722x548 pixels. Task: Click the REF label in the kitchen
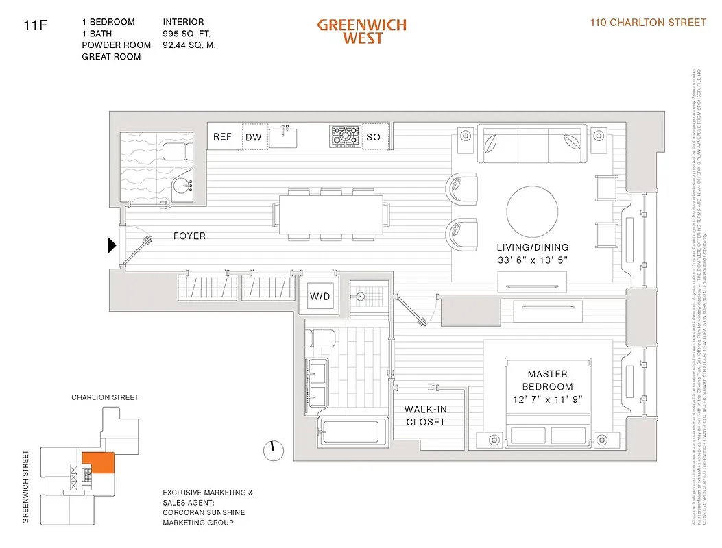coord(222,137)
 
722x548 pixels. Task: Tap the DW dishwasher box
coord(254,137)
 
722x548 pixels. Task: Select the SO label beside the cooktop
coord(373,137)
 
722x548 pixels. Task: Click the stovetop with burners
coord(344,136)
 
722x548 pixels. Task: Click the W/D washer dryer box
coord(320,297)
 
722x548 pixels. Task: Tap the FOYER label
coord(189,236)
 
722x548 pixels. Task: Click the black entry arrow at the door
coord(112,245)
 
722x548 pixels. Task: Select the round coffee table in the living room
coord(532,212)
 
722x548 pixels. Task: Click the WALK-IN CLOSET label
coord(425,416)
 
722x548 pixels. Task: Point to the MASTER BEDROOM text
coord(547,380)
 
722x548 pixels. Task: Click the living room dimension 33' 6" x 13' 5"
coord(533,260)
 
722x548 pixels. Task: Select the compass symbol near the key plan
coord(272,449)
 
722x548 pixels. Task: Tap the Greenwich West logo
coord(361,31)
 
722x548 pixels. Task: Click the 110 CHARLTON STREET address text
coord(648,23)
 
